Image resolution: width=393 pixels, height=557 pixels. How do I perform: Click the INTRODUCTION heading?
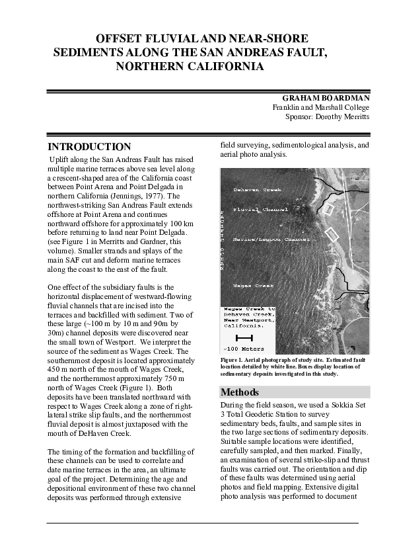point(90,147)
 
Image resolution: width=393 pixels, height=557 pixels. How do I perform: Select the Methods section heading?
point(240,392)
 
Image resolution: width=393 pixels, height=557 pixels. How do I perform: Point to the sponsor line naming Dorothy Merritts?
point(327,116)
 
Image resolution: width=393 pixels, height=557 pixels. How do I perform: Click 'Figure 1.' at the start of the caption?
point(233,361)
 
